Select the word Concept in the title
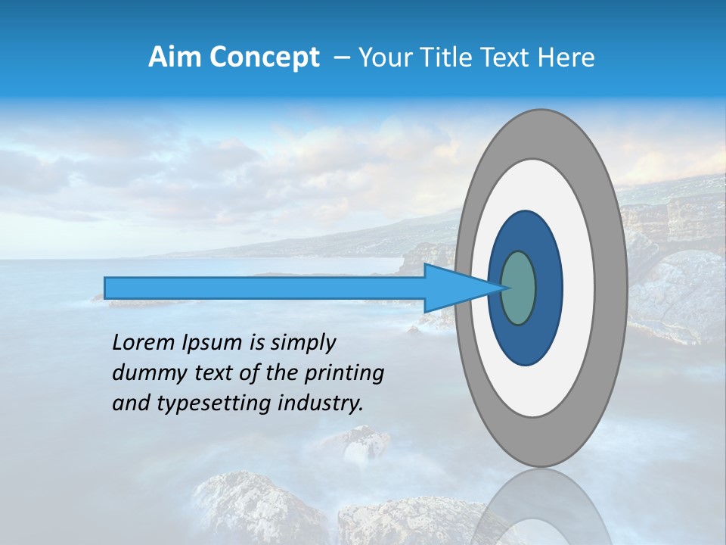(x=262, y=58)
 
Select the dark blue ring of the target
(x=526, y=341)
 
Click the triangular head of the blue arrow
(x=461, y=288)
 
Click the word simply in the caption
(x=302, y=344)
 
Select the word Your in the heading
(x=383, y=58)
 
